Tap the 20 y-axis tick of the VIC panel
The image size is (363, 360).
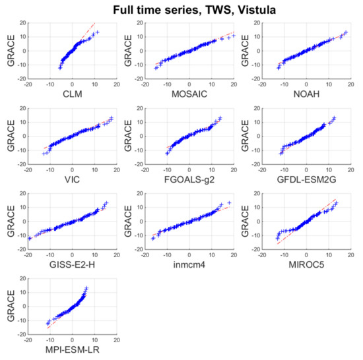point(22,107)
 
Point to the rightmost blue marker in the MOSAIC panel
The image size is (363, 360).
point(233,35)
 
